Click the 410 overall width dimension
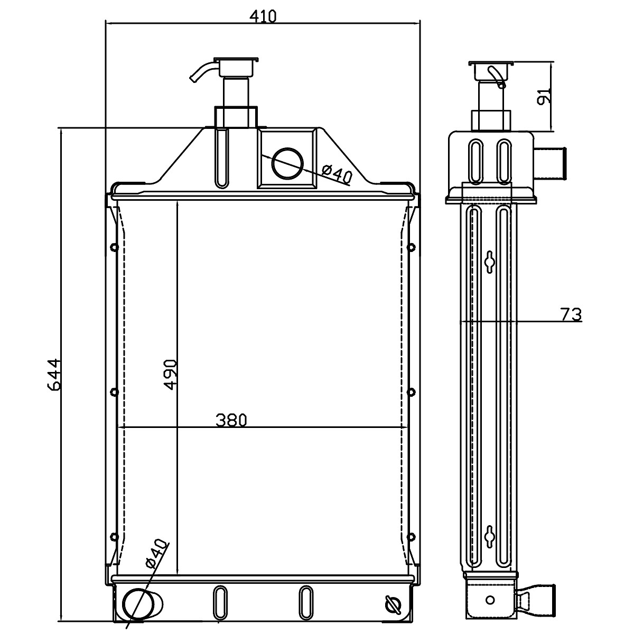click(x=263, y=16)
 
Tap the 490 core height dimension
click(x=171, y=375)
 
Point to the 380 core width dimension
click(x=231, y=420)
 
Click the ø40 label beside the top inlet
click(x=337, y=174)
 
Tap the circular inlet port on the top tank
click(x=287, y=163)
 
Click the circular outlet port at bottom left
click(x=138, y=603)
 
